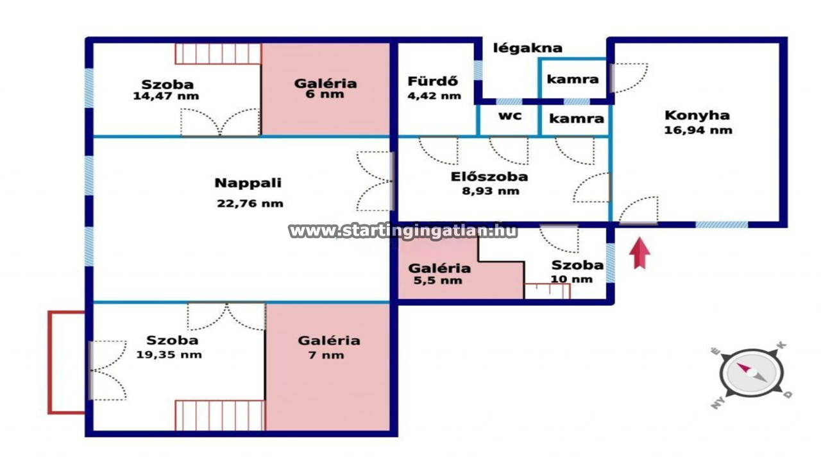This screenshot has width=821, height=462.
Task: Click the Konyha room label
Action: pos(697,116)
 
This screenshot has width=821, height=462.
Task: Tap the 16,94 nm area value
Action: pos(698,130)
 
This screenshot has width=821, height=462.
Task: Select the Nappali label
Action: pos(248,183)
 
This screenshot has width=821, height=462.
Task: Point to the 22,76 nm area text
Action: pos(250,203)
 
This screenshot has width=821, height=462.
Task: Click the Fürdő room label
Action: pos(432,81)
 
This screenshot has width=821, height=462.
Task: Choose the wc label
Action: pos(510,116)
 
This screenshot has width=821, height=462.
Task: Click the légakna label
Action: pos(527,48)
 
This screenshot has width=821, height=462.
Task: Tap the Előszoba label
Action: pos(489,176)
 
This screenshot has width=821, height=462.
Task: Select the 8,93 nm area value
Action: pos(491,191)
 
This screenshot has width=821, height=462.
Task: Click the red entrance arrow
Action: pos(639,253)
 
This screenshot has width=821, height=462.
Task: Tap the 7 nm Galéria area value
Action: pos(326,355)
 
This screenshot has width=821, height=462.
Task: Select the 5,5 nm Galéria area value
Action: pos(437,281)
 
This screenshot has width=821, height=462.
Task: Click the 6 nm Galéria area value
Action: pos(325,94)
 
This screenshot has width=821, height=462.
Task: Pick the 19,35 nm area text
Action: pos(169,355)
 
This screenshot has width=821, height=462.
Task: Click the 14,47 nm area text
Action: pos(165,96)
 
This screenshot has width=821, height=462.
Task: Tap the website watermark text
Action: pos(403,232)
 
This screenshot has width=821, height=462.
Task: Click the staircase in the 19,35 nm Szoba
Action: pos(220,415)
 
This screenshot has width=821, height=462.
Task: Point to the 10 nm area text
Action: pos(571,279)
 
